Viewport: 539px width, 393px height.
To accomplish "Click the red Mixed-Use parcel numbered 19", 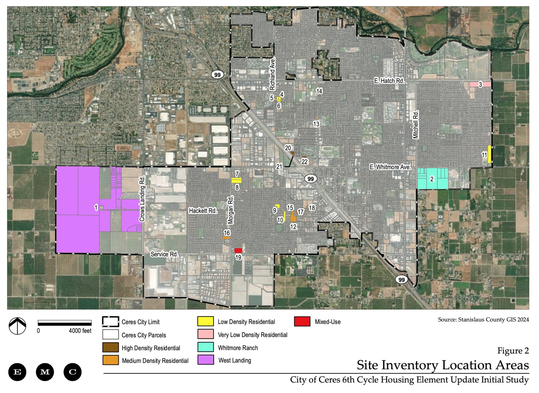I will pos(238,250).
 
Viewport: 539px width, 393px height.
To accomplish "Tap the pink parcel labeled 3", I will pos(480,84).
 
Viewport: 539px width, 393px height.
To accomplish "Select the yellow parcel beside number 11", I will pos(489,154).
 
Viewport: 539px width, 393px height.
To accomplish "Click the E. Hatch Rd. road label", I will pos(389,81).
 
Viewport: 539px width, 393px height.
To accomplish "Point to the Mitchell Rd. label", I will pos(416,124).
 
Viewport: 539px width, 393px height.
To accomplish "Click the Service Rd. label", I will pos(164,254).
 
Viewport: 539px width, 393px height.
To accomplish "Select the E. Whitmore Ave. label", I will pos(390,167).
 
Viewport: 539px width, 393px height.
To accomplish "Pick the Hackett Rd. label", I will pos(203,210).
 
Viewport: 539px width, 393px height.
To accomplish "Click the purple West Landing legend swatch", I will pos(206,360).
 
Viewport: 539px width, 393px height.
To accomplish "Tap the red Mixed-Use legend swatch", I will pos(302,321).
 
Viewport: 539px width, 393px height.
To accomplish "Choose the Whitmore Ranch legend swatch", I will pos(206,347).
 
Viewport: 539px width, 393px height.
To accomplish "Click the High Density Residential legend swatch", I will pos(111,347).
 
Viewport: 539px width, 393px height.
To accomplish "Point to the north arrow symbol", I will pos(17,326).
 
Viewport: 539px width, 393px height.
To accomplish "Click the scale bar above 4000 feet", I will pos(65,323).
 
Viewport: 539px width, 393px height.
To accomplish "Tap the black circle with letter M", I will pos(45,372).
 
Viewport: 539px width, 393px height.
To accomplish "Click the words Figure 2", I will pos(513,351).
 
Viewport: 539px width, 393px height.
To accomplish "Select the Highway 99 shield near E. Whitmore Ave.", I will pos(311,179).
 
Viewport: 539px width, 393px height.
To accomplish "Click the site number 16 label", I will pos(227,233).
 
